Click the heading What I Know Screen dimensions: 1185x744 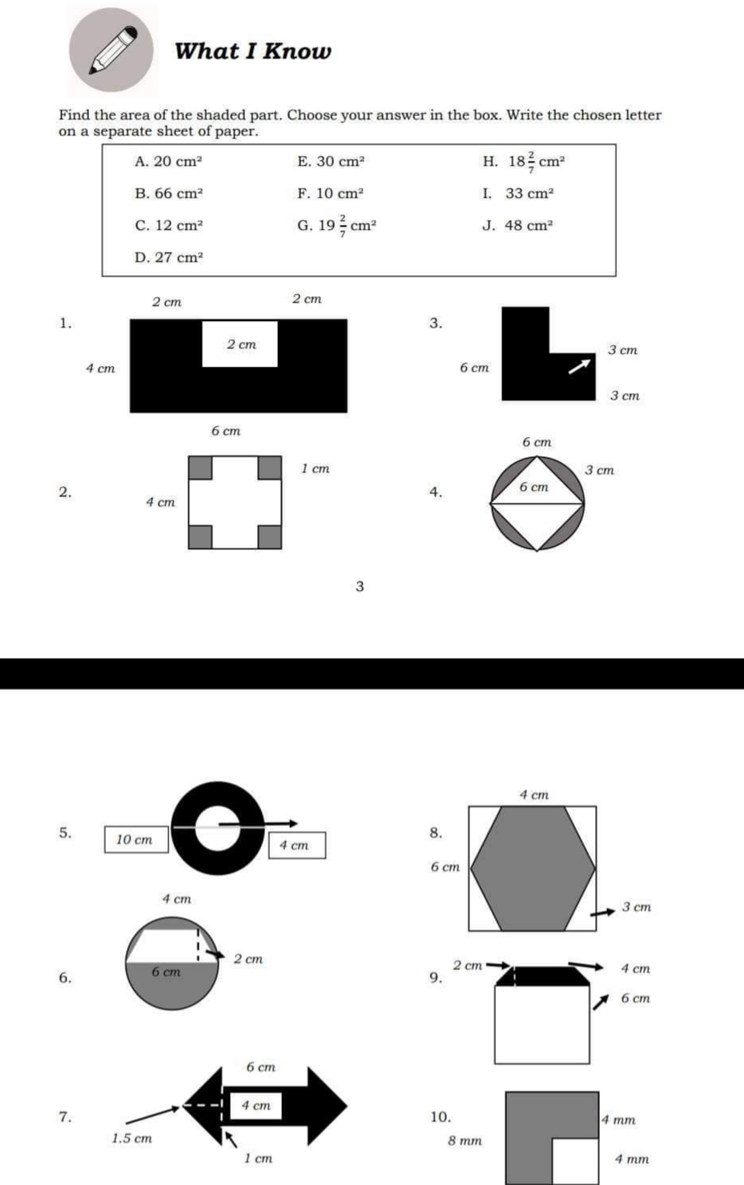pos(252,51)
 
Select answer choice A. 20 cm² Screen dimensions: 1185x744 pos(168,161)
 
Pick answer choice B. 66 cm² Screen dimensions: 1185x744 pos(168,193)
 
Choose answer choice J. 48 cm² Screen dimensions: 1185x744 pos(517,225)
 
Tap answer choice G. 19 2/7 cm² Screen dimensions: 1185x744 pos(336,226)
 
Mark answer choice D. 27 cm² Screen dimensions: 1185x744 pos(168,257)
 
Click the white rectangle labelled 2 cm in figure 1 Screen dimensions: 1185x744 pos(240,344)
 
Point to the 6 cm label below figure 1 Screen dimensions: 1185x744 pos(226,431)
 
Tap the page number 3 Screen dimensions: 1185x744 pos(360,586)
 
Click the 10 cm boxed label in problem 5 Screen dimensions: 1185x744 pos(135,840)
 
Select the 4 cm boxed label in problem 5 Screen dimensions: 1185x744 pos(296,846)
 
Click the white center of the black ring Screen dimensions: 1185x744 pos(216,828)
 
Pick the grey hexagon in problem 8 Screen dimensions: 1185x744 pos(533,868)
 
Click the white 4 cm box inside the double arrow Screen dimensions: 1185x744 pos(255,1106)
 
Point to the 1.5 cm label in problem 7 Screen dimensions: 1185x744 pos(131,1138)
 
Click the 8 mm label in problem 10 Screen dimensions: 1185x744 pos(464,1140)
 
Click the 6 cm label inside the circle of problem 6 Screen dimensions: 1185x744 pos(166,972)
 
